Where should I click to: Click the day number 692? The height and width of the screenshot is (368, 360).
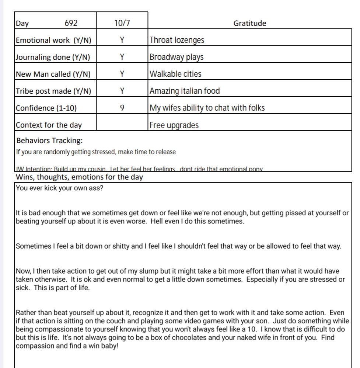pyautogui.click(x=71, y=23)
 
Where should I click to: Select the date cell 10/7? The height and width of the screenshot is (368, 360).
pyautogui.click(x=122, y=23)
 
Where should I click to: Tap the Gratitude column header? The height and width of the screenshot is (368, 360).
pyautogui.click(x=249, y=23)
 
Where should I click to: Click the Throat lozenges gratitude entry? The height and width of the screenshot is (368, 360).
pyautogui.click(x=177, y=40)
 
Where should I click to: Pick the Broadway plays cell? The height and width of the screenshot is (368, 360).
pyautogui.click(x=176, y=57)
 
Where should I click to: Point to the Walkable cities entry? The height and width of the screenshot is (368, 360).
pyautogui.click(x=175, y=74)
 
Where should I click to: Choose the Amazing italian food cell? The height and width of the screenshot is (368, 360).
pyautogui.click(x=185, y=91)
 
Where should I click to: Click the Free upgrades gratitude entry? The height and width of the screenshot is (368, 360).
pyautogui.click(x=174, y=125)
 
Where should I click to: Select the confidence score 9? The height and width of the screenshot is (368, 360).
pyautogui.click(x=122, y=108)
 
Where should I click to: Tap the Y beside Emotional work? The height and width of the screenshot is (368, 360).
pyautogui.click(x=122, y=40)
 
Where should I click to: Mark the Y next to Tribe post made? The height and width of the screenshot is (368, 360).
pyautogui.click(x=122, y=91)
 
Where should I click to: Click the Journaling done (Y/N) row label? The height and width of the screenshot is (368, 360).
pyautogui.click(x=53, y=57)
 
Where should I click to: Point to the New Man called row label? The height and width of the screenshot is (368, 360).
pyautogui.click(x=53, y=74)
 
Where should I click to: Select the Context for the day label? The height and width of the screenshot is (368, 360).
pyautogui.click(x=49, y=125)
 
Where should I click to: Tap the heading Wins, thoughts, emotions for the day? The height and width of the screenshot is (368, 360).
pyautogui.click(x=80, y=177)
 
